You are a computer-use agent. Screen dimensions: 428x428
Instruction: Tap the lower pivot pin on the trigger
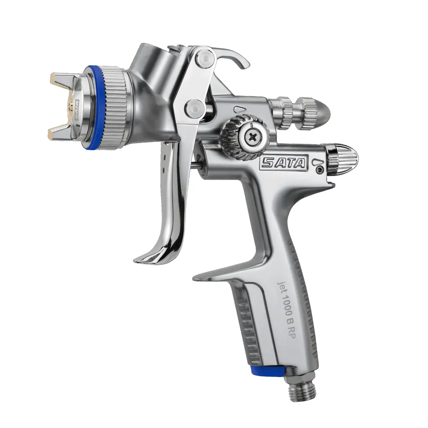coord(193,107)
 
